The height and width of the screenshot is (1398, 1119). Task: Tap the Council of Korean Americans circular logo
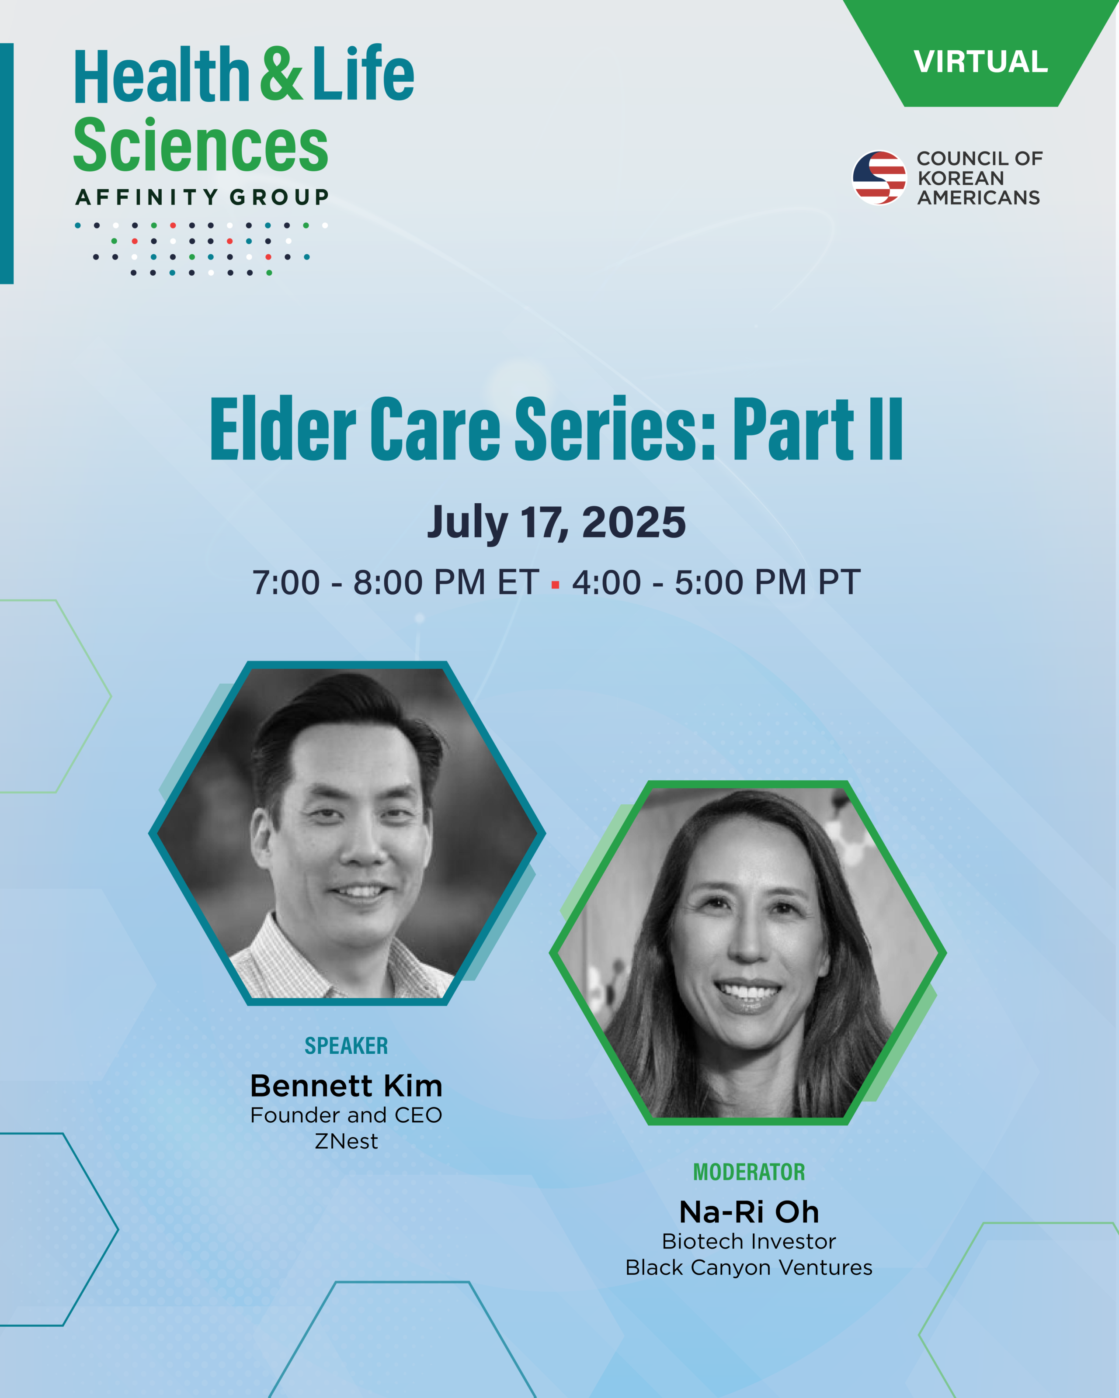(x=879, y=178)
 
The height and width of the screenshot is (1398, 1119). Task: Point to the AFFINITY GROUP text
(x=202, y=197)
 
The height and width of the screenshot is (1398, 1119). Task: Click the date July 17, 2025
(x=556, y=523)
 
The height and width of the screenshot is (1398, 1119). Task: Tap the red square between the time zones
(x=555, y=585)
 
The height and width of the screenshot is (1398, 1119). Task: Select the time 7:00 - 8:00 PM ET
(x=396, y=582)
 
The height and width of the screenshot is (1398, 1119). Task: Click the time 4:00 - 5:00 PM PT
(x=716, y=582)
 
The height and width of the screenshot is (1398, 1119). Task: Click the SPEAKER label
(x=346, y=1045)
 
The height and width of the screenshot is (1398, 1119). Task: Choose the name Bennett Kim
(x=346, y=1086)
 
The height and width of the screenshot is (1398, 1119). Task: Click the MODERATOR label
(x=749, y=1172)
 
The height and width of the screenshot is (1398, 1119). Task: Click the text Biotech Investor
(x=749, y=1241)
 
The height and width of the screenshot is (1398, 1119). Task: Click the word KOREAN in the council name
(x=961, y=178)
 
